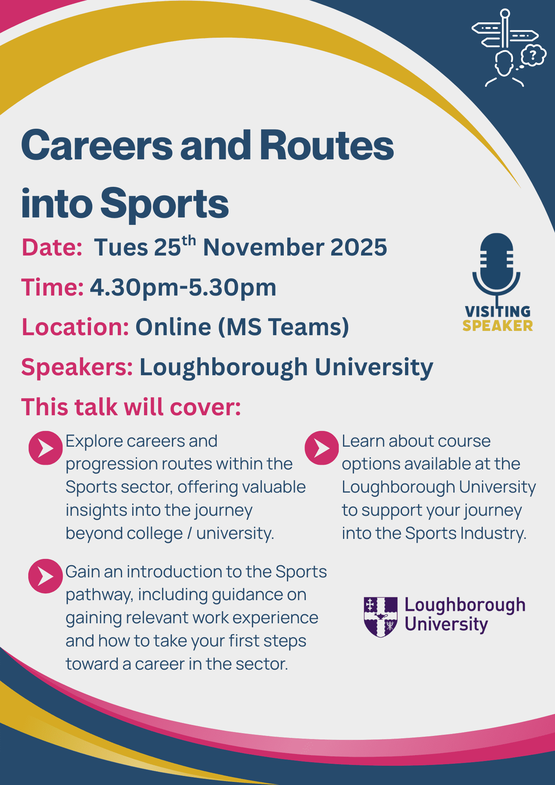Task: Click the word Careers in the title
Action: pos(97,145)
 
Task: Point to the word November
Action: pos(263,248)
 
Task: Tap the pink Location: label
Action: pos(75,327)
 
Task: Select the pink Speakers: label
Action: pos(77,368)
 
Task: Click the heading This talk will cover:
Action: pos(131,407)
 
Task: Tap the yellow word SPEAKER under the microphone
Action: pos(498,326)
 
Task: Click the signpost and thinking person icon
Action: pos(509,47)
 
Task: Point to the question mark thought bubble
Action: pos(533,55)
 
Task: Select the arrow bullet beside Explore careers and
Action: pos(46,448)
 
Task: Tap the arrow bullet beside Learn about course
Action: pos(321,448)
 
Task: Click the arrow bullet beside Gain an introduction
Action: pos(46,576)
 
